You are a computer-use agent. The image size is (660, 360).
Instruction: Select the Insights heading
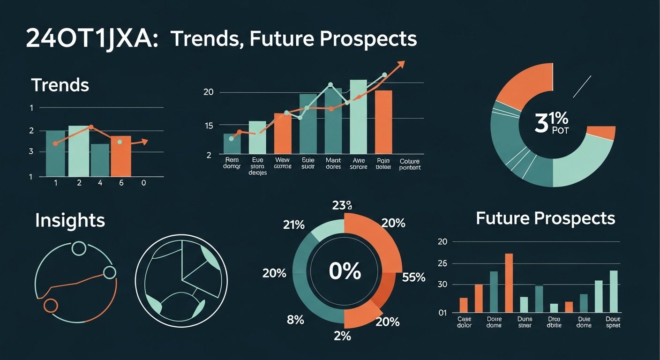click(70, 220)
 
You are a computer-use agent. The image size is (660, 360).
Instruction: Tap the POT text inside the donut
click(560, 131)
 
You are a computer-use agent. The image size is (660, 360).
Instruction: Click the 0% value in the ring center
click(345, 271)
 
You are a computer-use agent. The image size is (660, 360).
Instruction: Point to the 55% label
click(413, 277)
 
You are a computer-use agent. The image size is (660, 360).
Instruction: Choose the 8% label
click(295, 320)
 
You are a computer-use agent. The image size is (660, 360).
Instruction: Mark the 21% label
click(294, 225)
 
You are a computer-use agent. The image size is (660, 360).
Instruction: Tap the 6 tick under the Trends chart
click(121, 183)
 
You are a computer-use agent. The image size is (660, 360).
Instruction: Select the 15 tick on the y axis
click(208, 126)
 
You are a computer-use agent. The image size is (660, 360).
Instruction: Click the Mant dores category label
click(333, 163)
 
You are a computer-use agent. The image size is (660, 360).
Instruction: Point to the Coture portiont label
click(410, 164)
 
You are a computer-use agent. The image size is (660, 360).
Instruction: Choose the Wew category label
click(282, 163)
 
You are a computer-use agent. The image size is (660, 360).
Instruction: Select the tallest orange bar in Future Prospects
click(509, 283)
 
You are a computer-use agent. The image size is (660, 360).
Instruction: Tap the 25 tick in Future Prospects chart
click(442, 264)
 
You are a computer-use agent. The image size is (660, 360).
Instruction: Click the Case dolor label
click(464, 322)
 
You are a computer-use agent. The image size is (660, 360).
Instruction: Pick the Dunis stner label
click(524, 322)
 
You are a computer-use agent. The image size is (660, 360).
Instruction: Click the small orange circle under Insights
click(50, 306)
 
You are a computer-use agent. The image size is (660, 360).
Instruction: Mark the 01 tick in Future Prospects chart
click(442, 312)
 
